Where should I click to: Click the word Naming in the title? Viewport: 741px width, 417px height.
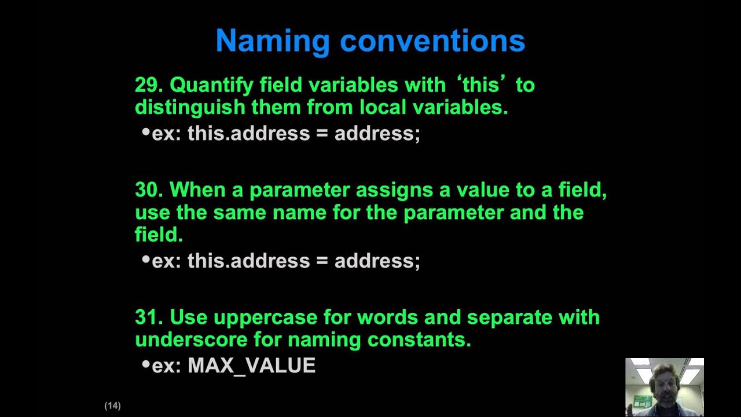[x=272, y=41]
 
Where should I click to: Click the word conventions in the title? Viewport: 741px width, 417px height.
[x=432, y=41]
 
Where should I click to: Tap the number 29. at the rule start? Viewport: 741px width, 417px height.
[x=149, y=85]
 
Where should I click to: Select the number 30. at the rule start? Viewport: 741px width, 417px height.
[x=149, y=190]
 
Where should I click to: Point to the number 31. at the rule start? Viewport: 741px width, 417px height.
[x=149, y=317]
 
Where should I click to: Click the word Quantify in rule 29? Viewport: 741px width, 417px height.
[x=211, y=85]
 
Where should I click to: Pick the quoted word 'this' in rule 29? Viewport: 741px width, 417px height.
[x=480, y=85]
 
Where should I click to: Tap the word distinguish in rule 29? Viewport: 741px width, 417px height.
[x=190, y=107]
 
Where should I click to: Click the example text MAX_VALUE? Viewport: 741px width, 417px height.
[x=251, y=366]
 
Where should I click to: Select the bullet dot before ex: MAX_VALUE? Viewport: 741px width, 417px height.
[x=146, y=365]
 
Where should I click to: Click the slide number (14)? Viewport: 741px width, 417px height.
[x=112, y=405]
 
